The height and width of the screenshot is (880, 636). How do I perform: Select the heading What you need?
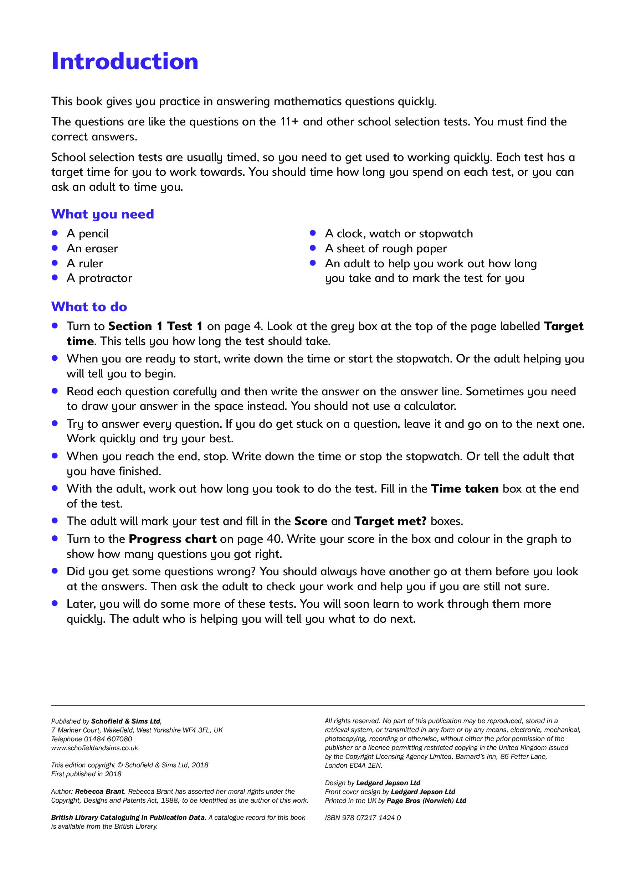[x=102, y=214]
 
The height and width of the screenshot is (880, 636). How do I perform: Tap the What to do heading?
[x=89, y=307]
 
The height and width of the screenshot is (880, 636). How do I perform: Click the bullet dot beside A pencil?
[x=55, y=233]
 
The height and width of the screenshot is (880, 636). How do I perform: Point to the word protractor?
[x=106, y=278]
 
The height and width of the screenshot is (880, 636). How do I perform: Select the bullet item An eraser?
[x=92, y=248]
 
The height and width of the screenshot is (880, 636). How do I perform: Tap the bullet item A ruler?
[x=85, y=263]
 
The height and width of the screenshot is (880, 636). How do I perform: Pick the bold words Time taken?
[x=465, y=489]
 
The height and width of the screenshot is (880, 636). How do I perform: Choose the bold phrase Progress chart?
[x=173, y=539]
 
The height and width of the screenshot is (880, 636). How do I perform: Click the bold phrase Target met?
[x=390, y=521]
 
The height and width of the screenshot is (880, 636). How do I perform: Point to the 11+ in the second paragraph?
[x=289, y=122]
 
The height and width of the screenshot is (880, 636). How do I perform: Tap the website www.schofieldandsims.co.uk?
[x=95, y=748]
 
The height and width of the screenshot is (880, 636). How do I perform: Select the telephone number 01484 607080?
[x=108, y=739]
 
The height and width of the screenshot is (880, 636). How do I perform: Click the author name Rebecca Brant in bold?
[x=99, y=792]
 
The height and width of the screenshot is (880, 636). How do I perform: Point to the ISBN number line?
[x=363, y=818]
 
